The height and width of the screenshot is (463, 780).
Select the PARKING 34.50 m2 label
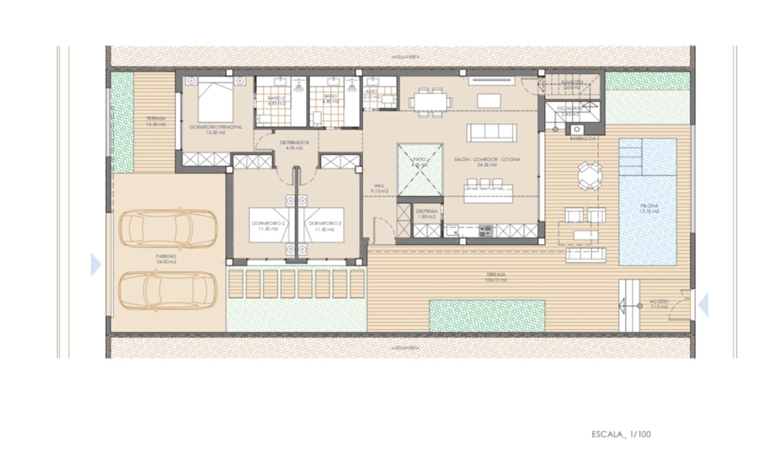(x=166, y=259)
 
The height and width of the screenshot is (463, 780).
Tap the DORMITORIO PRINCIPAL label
(x=216, y=130)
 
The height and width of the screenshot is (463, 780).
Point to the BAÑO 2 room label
(x=276, y=101)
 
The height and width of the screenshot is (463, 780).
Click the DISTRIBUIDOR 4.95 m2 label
(x=294, y=145)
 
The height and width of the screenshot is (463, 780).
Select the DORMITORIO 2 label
(x=268, y=226)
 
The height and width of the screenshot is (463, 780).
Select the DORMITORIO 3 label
(x=325, y=226)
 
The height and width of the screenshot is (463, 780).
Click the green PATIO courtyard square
(x=420, y=169)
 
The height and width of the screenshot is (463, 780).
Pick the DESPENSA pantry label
(x=427, y=214)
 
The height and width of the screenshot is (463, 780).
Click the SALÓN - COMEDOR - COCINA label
(x=487, y=162)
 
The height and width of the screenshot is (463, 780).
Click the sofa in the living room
(x=492, y=133)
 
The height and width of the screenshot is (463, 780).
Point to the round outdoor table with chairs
(x=590, y=176)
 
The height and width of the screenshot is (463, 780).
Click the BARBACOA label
(x=583, y=138)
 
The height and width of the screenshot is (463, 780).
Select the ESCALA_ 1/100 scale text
(x=621, y=434)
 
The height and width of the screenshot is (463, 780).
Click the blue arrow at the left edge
(x=95, y=264)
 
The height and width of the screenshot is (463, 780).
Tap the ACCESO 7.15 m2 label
(x=659, y=304)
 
